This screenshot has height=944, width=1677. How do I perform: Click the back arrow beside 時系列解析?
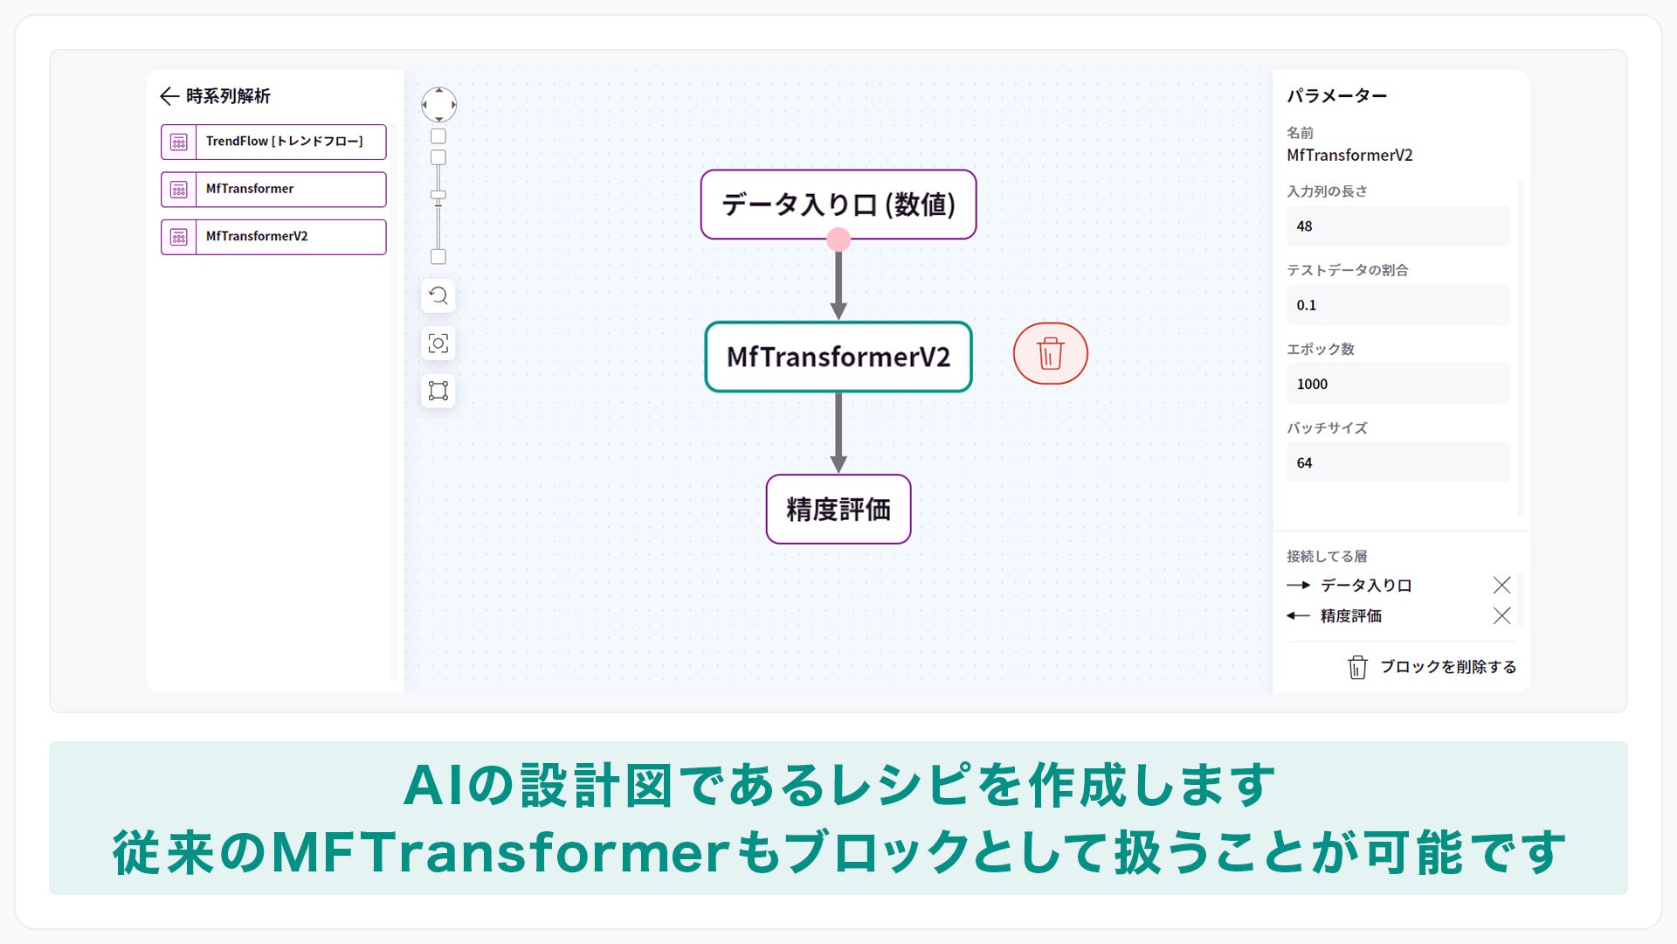tap(169, 96)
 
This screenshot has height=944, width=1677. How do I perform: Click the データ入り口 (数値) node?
tap(838, 204)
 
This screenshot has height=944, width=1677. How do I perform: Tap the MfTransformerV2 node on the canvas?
tap(838, 357)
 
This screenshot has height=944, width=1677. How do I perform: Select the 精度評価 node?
tap(838, 509)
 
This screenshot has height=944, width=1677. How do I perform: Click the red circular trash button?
tap(1050, 354)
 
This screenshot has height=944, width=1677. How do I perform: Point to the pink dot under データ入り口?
tap(838, 239)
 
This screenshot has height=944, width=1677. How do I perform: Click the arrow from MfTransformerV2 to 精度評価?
tap(838, 433)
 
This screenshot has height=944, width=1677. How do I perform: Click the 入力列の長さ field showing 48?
tap(1397, 226)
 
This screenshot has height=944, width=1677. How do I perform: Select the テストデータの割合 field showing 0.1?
tap(1397, 305)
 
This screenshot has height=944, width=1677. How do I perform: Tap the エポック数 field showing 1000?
tap(1397, 384)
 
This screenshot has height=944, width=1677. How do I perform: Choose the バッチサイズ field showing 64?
tap(1397, 462)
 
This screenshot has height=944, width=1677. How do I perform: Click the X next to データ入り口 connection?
tap(1501, 585)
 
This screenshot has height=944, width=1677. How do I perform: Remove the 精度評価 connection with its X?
tap(1501, 615)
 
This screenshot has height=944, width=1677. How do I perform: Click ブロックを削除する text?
tap(1447, 667)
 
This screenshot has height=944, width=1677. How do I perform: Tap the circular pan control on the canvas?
tap(438, 105)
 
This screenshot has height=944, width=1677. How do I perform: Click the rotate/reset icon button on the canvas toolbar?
tap(438, 295)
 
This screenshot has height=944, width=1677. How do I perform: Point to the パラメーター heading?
tap(1336, 96)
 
